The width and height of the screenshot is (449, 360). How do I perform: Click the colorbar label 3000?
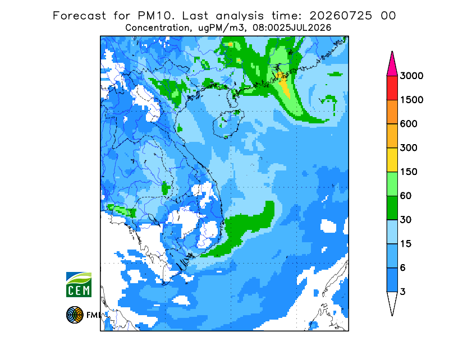411,76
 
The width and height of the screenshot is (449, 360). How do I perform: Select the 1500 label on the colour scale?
411,100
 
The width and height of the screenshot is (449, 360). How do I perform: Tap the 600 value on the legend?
409,124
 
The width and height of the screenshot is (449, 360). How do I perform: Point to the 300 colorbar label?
409,148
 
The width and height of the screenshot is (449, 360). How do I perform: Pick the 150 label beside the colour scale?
409,172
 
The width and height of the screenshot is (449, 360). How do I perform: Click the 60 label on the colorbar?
406,196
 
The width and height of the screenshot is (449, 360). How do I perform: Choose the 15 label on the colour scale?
406,244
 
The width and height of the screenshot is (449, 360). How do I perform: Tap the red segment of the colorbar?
392,88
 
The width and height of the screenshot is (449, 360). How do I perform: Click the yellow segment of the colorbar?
392,160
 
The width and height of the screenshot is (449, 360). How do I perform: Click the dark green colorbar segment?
392,208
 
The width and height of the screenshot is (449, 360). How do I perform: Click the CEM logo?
79,284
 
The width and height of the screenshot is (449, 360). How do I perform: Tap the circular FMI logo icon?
75,315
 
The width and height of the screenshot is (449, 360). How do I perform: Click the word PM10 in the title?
155,16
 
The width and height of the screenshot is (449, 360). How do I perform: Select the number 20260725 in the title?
341,16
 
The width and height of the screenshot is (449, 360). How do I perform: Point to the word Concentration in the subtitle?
157,28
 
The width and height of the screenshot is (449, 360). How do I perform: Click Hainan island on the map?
228,124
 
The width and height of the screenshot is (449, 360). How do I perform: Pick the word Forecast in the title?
79,16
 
